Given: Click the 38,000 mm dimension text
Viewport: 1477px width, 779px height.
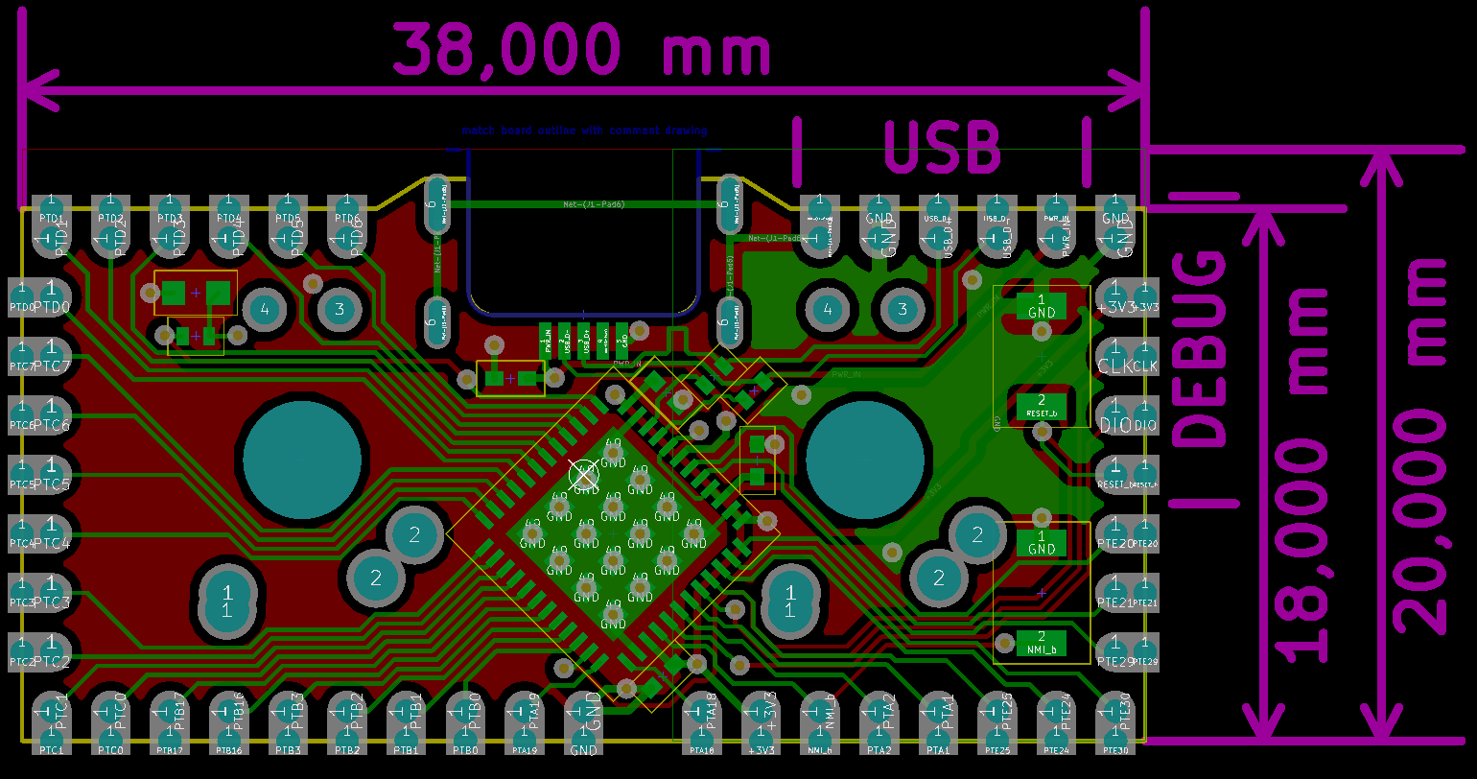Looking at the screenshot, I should click(x=581, y=51).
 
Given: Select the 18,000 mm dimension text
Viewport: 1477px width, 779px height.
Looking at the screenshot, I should click(x=1305, y=474).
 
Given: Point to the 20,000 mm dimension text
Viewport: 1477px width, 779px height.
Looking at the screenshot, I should click(x=1420, y=445).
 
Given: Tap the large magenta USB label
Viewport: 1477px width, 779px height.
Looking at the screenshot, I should click(x=942, y=149).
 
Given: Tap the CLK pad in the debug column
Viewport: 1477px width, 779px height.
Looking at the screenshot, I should click(x=1115, y=352).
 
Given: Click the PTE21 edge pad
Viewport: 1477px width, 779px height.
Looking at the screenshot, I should click(x=1115, y=588).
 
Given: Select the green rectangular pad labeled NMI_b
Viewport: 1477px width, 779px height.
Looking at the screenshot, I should click(x=1042, y=643).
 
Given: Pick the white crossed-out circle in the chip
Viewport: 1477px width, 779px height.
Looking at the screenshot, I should click(x=584, y=474).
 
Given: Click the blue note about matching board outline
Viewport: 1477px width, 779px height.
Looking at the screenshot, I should click(x=584, y=130).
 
